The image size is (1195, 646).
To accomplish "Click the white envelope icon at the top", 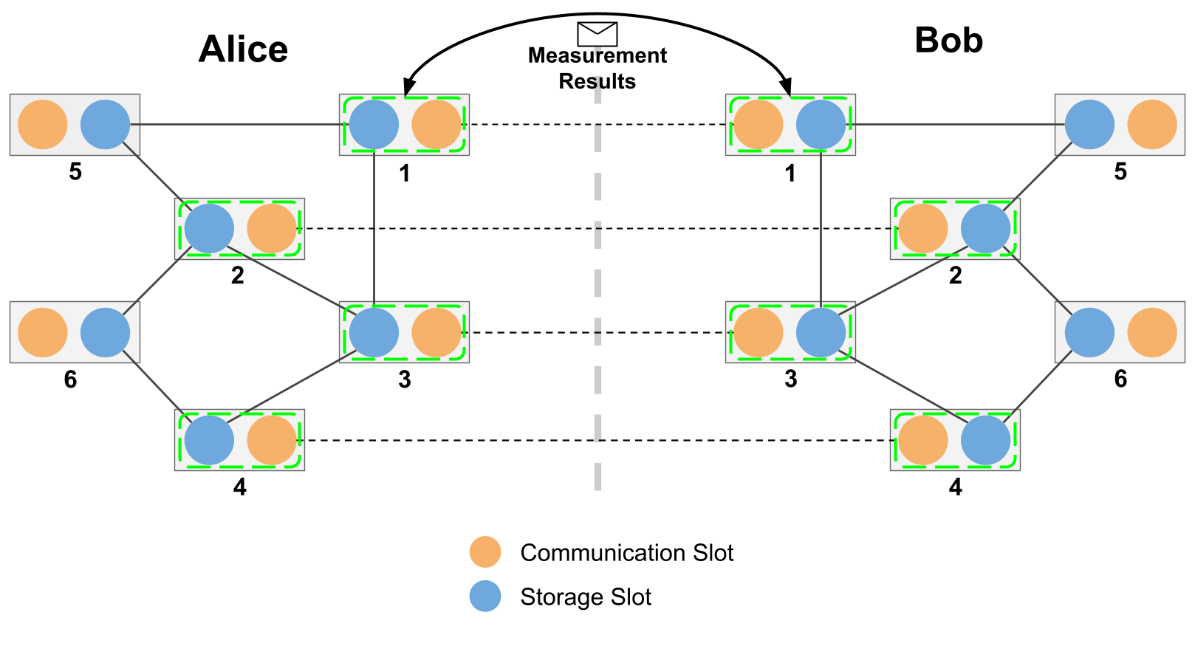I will coord(597,34).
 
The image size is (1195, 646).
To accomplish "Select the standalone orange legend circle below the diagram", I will coord(485,552).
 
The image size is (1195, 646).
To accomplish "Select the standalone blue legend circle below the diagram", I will coord(485,596).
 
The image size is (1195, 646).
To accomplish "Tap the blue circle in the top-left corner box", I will coord(105,125).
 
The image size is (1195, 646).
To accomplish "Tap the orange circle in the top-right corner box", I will coord(1152,125).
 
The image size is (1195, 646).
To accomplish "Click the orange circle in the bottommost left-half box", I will coord(272,440).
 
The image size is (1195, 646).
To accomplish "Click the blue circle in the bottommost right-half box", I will coord(985,440).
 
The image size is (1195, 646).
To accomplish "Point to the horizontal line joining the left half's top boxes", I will coord(236,125).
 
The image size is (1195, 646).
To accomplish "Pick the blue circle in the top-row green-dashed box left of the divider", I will coord(374,125).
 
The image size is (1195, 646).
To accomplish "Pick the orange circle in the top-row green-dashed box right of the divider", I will coord(759,125).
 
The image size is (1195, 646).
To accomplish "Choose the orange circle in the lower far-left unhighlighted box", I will coord(43,332).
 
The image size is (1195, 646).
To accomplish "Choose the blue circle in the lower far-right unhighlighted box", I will coord(1089,332).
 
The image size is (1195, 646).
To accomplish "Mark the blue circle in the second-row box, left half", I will coord(209,229).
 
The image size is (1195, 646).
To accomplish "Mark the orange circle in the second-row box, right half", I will coord(923,229).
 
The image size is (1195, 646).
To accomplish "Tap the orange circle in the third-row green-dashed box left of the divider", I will coord(436,332).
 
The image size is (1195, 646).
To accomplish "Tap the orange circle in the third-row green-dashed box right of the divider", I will coord(759,332).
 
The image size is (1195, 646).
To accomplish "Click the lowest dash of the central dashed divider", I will coord(597,476).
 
